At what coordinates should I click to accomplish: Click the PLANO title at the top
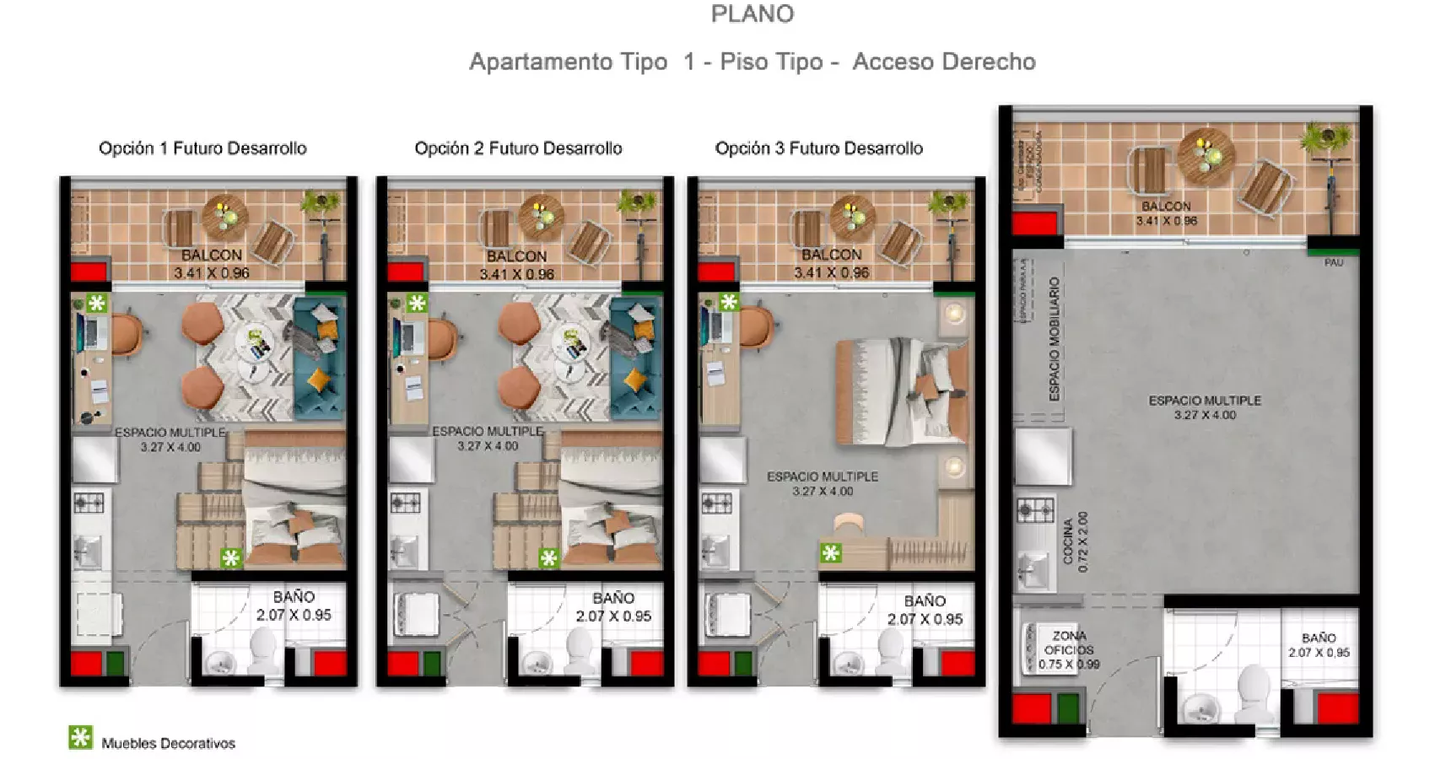pyautogui.click(x=752, y=14)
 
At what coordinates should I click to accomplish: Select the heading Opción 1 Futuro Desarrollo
pyautogui.click(x=202, y=148)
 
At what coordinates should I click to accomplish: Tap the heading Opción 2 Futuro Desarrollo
pyautogui.click(x=518, y=148)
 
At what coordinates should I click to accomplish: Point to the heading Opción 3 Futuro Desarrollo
pyautogui.click(x=818, y=148)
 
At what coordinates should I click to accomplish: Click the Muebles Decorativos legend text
pyautogui.click(x=168, y=743)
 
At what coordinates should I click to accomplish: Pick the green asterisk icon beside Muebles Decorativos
pyautogui.click(x=80, y=737)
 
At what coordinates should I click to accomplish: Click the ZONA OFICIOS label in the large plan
pyautogui.click(x=1069, y=649)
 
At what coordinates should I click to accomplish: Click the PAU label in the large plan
pyautogui.click(x=1333, y=262)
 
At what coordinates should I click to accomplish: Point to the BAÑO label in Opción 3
pyautogui.click(x=925, y=610)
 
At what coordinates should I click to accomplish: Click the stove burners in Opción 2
pyautogui.click(x=405, y=503)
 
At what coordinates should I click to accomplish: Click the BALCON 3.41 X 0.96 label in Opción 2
pyautogui.click(x=516, y=265)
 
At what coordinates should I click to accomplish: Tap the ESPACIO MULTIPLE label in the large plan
pyautogui.click(x=1205, y=406)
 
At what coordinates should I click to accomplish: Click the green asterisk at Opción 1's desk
pyautogui.click(x=97, y=303)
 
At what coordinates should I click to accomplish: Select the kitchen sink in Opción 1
pyautogui.click(x=89, y=554)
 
